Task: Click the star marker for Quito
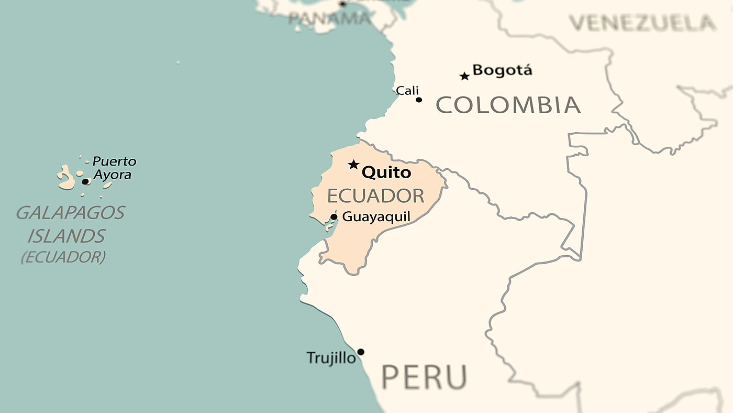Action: pos(354,165)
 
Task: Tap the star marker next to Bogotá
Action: pos(464,77)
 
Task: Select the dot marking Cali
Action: pos(419,100)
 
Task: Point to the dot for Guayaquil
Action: pos(334,217)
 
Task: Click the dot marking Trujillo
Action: pos(360,352)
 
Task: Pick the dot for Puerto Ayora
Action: pos(85,181)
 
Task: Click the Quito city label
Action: pos(386,172)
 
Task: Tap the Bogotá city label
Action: pos(502,70)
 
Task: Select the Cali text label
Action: pos(407,91)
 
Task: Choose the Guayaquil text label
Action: pos(376,216)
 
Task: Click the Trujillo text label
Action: pos(331,358)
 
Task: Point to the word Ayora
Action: pos(112,175)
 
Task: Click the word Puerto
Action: pos(114,161)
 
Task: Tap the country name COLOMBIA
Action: pos(508,105)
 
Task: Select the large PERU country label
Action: pos(424,376)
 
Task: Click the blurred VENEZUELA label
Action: pos(642,23)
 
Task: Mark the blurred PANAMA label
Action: pos(329,19)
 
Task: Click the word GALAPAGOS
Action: pos(71,212)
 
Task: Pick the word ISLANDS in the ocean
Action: pos(66,236)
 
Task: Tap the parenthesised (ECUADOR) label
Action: pos(63,257)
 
